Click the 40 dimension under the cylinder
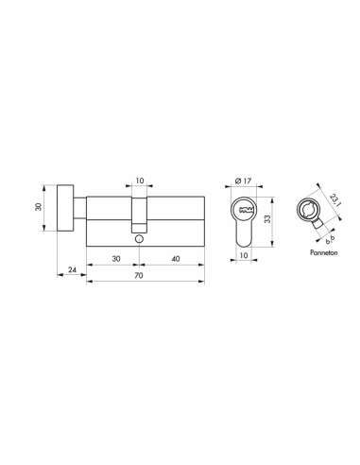[x=174, y=258]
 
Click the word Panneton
[x=313, y=254]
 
